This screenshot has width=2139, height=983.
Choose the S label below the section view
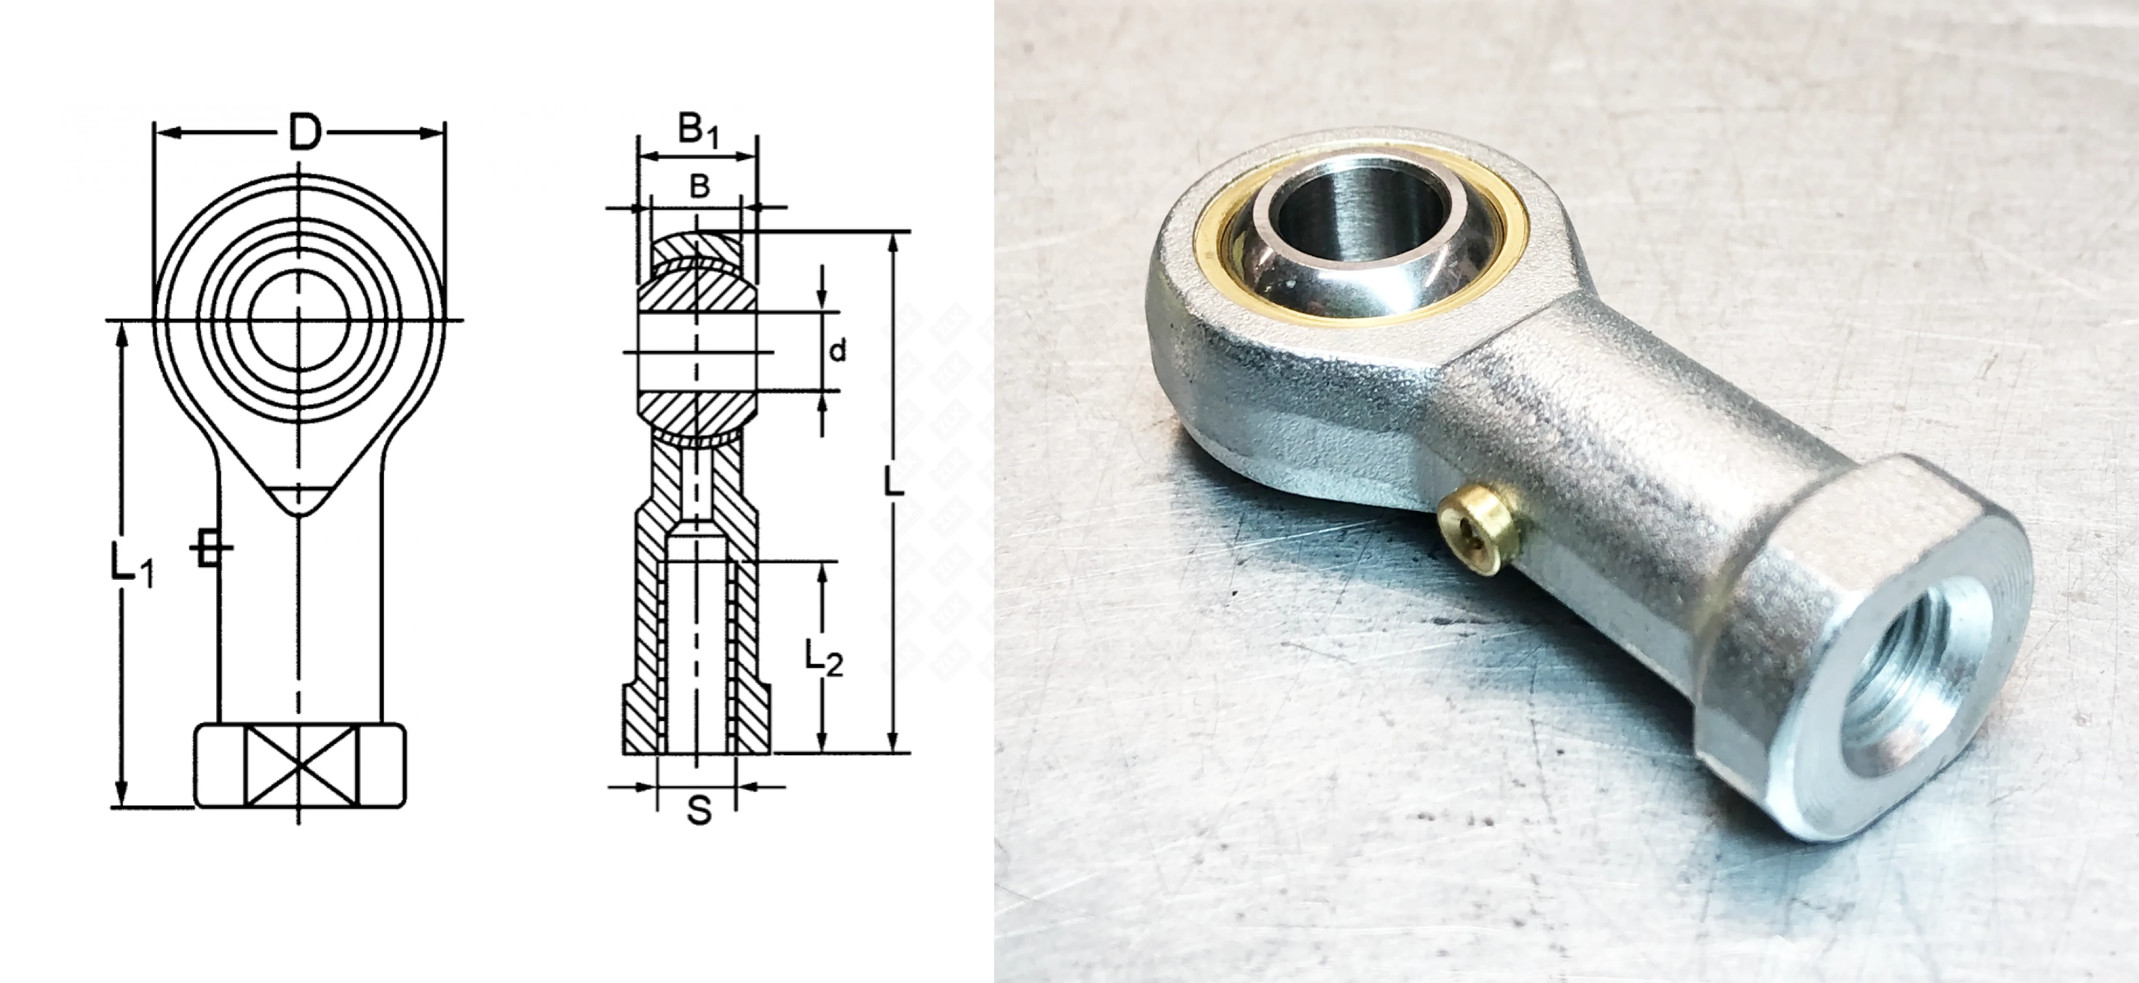(x=699, y=809)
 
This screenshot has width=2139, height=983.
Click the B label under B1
(x=700, y=186)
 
